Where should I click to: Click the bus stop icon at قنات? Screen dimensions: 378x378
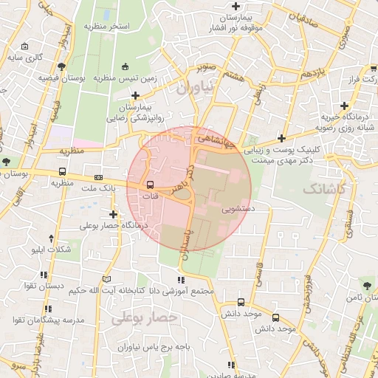151,185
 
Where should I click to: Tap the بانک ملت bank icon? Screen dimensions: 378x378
99,178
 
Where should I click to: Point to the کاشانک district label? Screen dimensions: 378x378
324,189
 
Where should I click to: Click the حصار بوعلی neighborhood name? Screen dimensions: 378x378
146,318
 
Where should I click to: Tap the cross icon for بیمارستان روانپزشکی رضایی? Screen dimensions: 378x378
135,95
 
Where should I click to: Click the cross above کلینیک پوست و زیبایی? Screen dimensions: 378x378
281,137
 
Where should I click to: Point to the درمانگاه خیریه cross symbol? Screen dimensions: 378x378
344,106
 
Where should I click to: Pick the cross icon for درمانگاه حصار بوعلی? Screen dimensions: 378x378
113,214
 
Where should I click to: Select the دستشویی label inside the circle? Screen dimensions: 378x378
238,210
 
